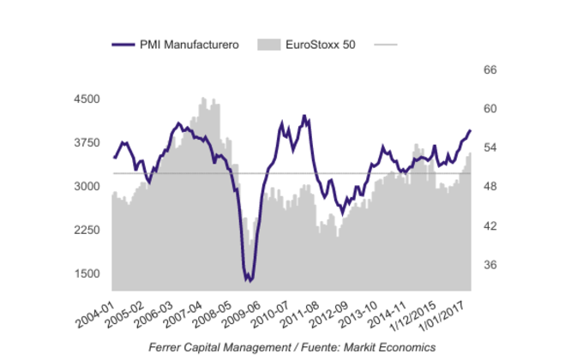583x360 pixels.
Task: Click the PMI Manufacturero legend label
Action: click(x=189, y=44)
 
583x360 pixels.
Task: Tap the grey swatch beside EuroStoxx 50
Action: click(x=268, y=44)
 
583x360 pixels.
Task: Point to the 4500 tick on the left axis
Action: click(x=87, y=99)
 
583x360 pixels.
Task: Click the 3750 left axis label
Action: click(x=87, y=143)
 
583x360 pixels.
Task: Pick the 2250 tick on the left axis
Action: click(x=87, y=231)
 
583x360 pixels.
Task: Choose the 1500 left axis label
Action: click(x=87, y=274)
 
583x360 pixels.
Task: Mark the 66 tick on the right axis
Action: click(x=491, y=70)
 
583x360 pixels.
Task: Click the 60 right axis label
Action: click(x=491, y=109)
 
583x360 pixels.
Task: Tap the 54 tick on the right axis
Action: click(x=491, y=148)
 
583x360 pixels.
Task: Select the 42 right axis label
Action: click(x=491, y=226)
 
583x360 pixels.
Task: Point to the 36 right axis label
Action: click(x=491, y=265)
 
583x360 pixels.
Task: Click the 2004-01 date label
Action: click(x=97, y=308)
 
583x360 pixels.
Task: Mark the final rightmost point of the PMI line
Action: click(x=471, y=130)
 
